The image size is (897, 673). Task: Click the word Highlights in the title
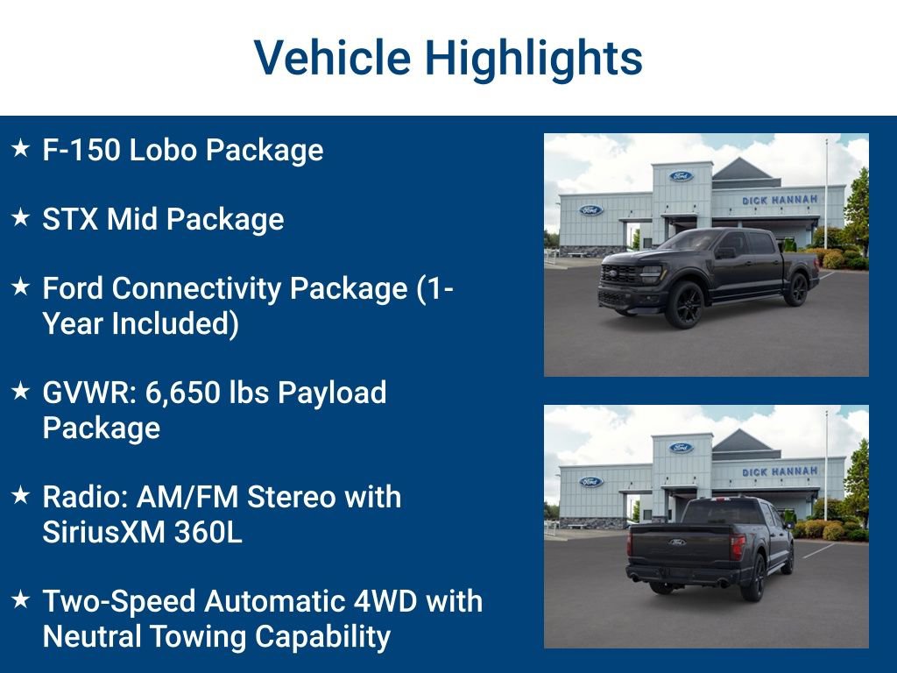(533, 59)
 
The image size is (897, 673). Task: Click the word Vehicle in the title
(332, 59)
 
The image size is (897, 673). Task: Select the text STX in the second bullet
(70, 219)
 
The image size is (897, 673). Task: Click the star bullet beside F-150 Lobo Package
(20, 149)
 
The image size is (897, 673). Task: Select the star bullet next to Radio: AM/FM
(20, 496)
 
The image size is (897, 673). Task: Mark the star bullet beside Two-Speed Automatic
(20, 600)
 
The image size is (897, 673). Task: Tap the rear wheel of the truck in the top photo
(796, 289)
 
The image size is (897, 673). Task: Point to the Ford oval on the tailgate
(677, 542)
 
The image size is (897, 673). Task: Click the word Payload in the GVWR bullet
(332, 393)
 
